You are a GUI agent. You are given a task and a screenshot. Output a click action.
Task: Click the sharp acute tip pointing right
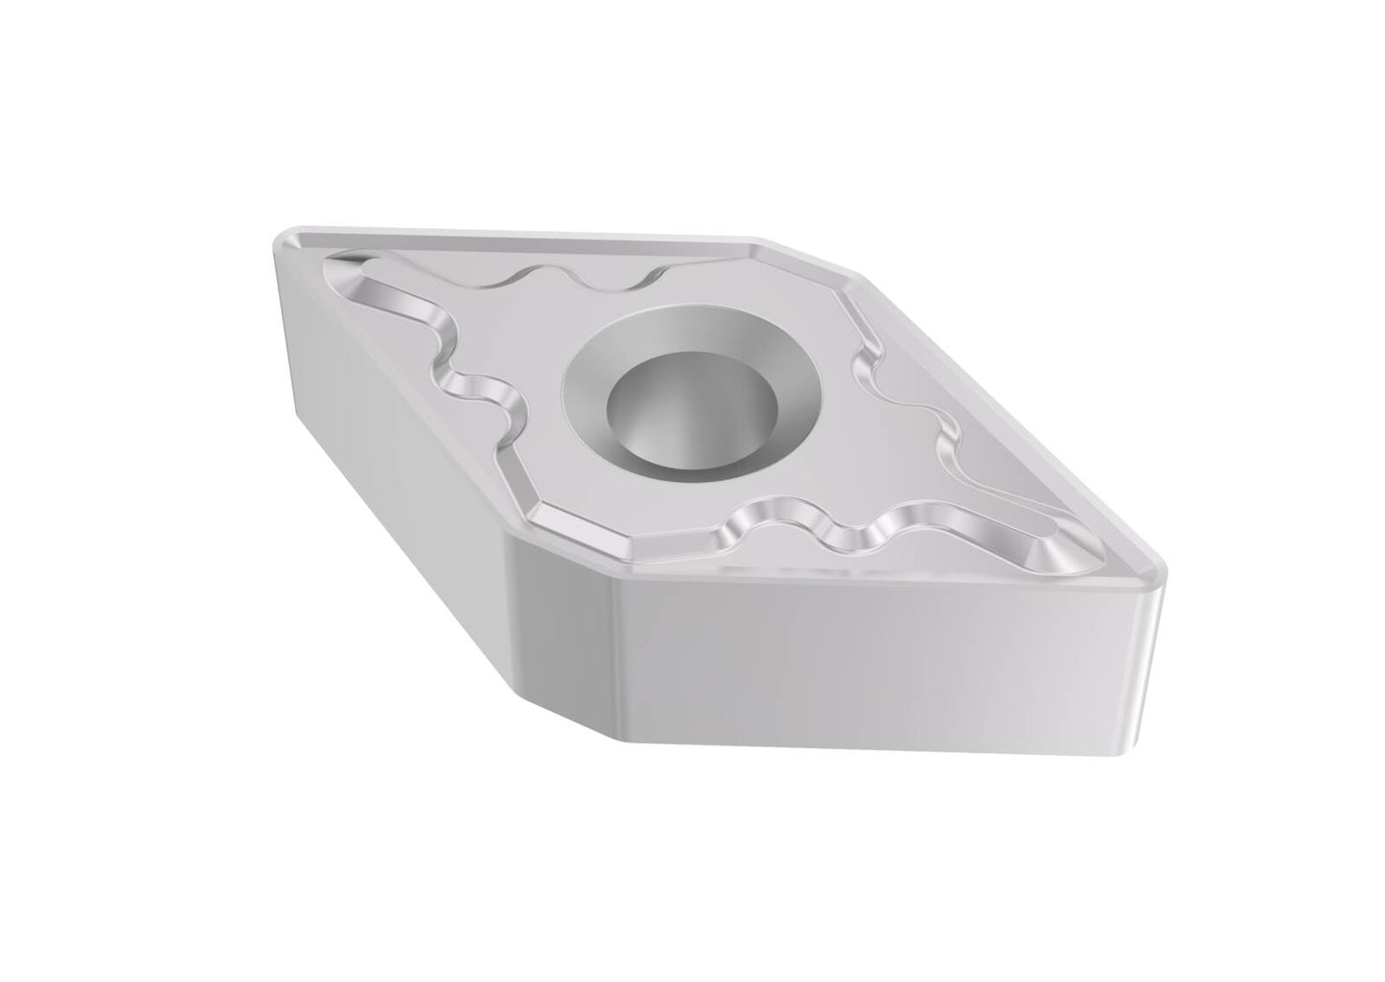[1160, 575]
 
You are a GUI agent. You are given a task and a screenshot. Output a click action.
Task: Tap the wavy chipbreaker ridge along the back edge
[575, 278]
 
